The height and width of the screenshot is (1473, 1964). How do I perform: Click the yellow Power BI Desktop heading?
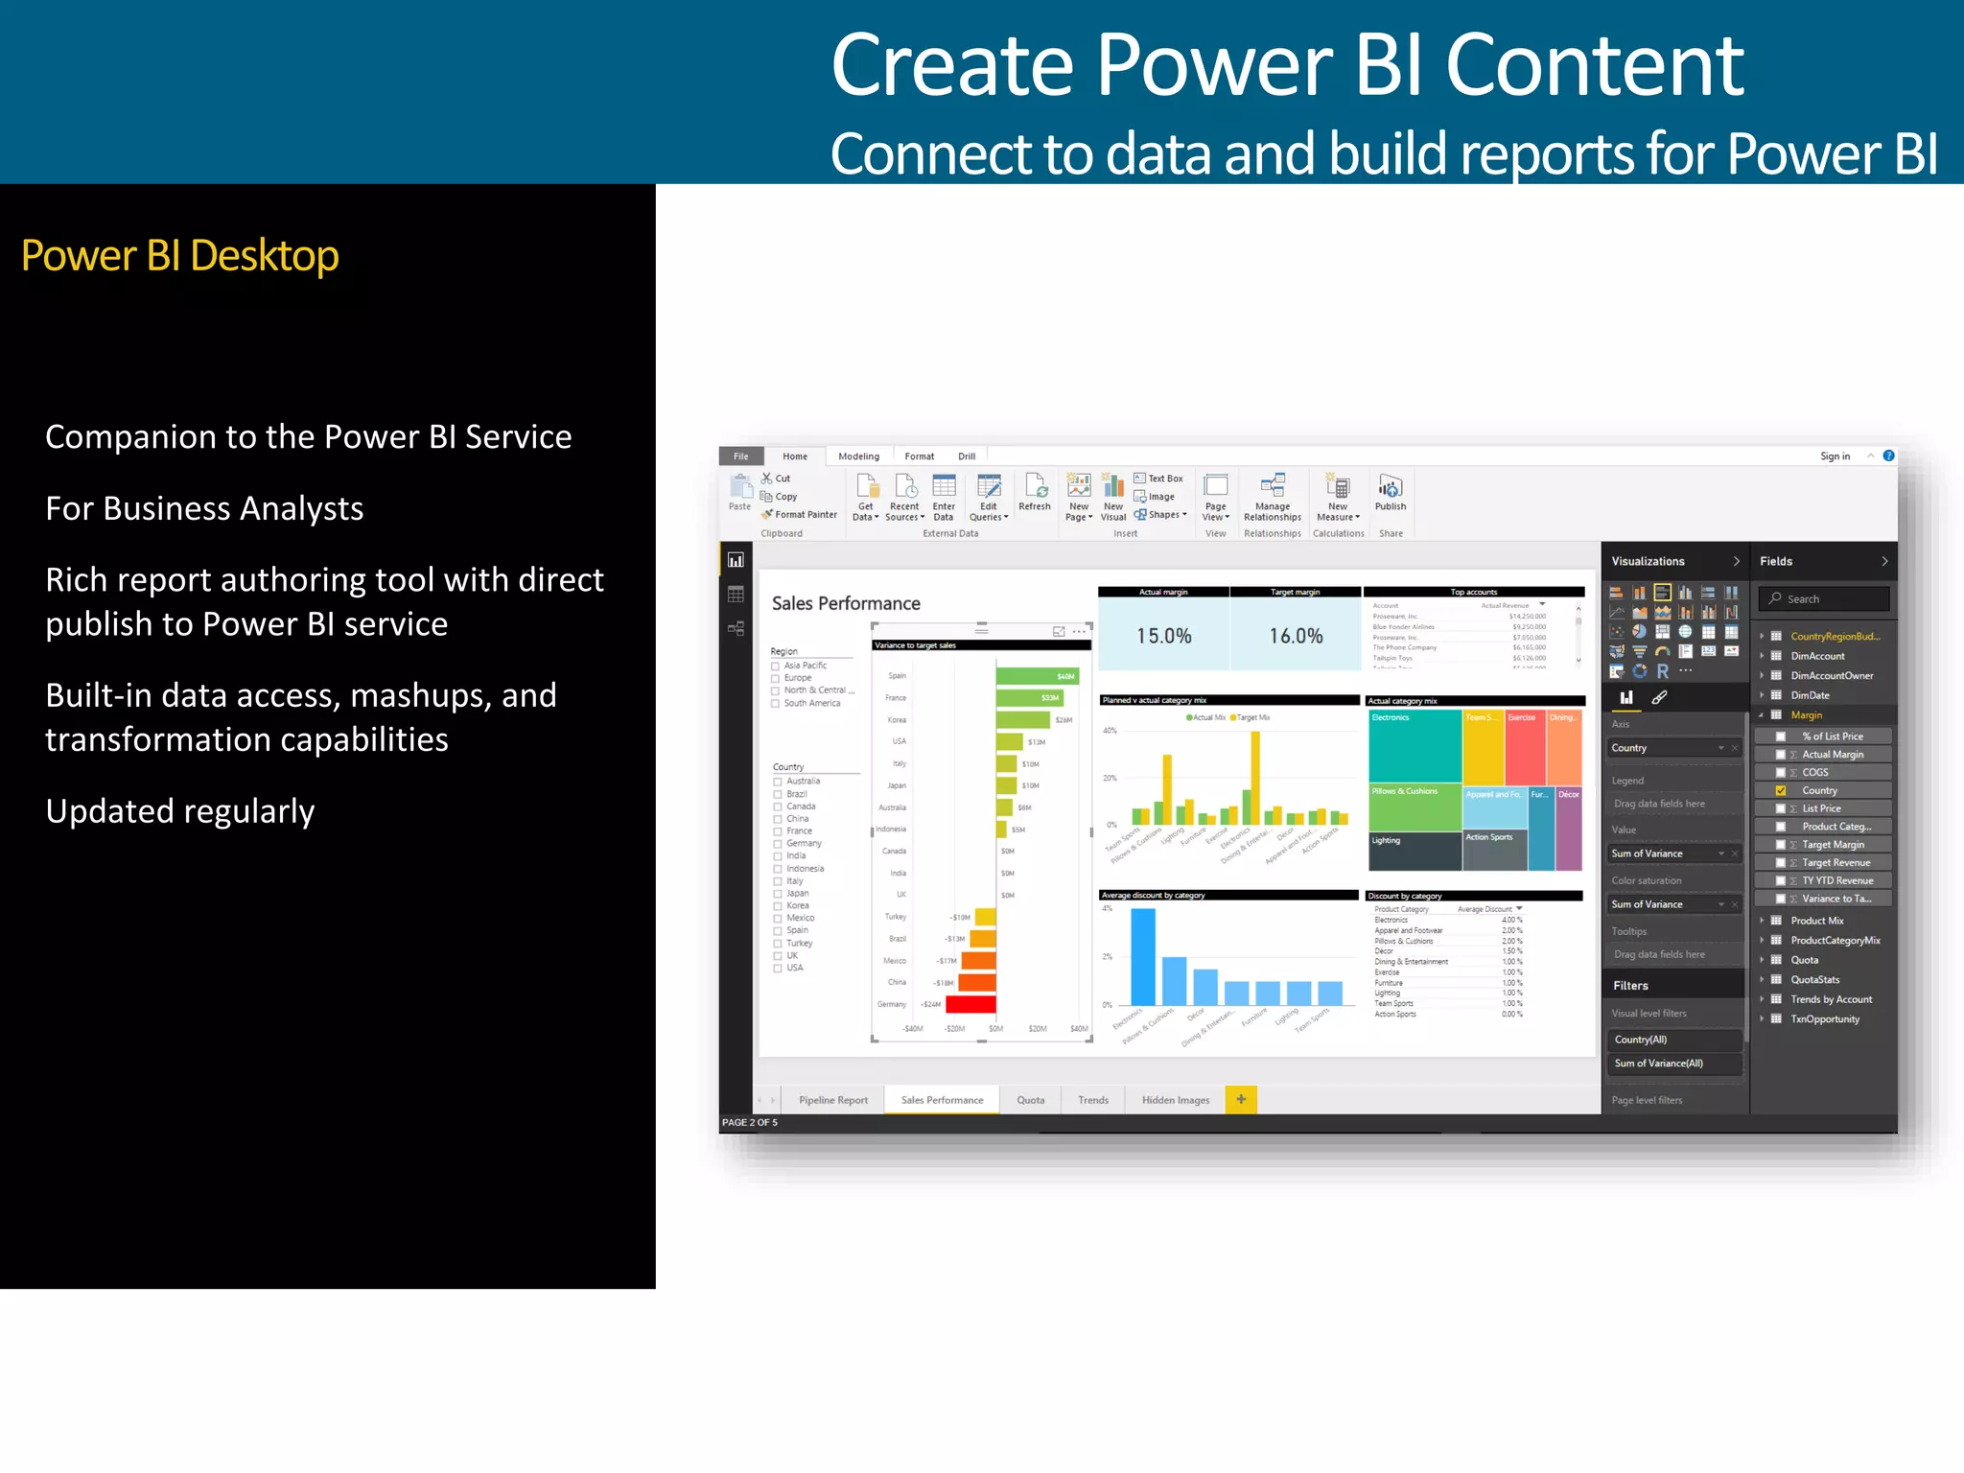179,256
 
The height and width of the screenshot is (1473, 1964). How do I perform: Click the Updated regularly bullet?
179,811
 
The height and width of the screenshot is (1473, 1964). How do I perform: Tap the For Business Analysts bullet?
204,508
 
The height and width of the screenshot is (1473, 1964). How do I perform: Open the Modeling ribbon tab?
858,456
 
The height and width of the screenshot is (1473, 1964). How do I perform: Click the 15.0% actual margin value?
1163,636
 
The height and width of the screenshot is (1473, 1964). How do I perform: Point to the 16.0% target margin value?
1296,636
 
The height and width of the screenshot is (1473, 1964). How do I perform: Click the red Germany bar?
970,1004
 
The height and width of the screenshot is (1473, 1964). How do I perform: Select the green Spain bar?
1036,676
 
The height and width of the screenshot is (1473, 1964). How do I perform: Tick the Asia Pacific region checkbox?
776,666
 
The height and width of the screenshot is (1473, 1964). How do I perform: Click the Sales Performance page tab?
942,1100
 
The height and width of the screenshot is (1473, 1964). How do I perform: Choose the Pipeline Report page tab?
832,1100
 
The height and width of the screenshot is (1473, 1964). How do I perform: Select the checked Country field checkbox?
1781,791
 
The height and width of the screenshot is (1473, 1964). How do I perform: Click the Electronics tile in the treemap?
1414,748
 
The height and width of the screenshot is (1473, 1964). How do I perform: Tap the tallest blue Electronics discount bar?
1142,956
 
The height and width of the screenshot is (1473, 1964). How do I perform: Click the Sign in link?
1835,456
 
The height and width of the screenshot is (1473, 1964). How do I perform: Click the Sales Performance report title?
846,603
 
